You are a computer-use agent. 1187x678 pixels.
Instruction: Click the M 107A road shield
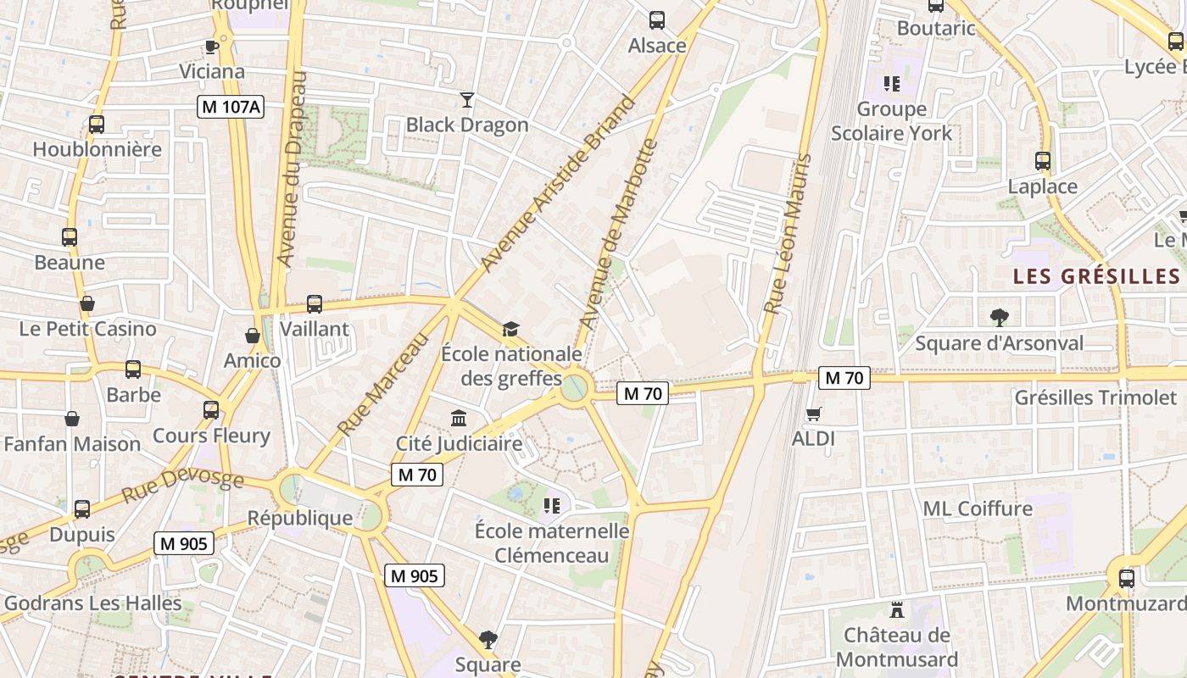click(231, 107)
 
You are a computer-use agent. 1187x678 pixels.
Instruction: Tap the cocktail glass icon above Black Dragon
click(466, 100)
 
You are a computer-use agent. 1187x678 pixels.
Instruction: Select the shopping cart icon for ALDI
click(813, 414)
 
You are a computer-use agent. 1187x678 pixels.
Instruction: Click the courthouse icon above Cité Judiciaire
click(459, 418)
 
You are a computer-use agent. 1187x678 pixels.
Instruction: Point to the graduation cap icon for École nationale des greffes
click(510, 329)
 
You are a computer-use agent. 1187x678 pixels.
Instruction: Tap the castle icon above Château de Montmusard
click(896, 609)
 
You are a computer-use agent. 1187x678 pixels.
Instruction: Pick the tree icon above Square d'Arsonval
click(999, 318)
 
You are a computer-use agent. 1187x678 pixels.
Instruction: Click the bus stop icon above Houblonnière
click(97, 125)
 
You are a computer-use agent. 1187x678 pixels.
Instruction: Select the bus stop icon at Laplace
click(1042, 161)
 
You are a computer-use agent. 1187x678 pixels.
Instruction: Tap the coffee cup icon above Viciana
click(211, 47)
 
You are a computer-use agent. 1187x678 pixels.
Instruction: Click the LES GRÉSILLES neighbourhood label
click(1096, 276)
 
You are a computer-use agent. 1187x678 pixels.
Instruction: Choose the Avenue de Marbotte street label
click(617, 234)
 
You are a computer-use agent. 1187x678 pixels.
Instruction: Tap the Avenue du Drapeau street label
click(290, 169)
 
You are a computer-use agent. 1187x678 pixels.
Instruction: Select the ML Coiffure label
click(978, 508)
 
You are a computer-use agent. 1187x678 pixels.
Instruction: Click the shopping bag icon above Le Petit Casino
click(86, 303)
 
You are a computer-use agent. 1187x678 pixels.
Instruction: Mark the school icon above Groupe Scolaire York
click(891, 84)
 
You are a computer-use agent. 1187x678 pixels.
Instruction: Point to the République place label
click(299, 518)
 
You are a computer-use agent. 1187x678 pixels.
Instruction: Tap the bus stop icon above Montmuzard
click(1126, 579)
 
